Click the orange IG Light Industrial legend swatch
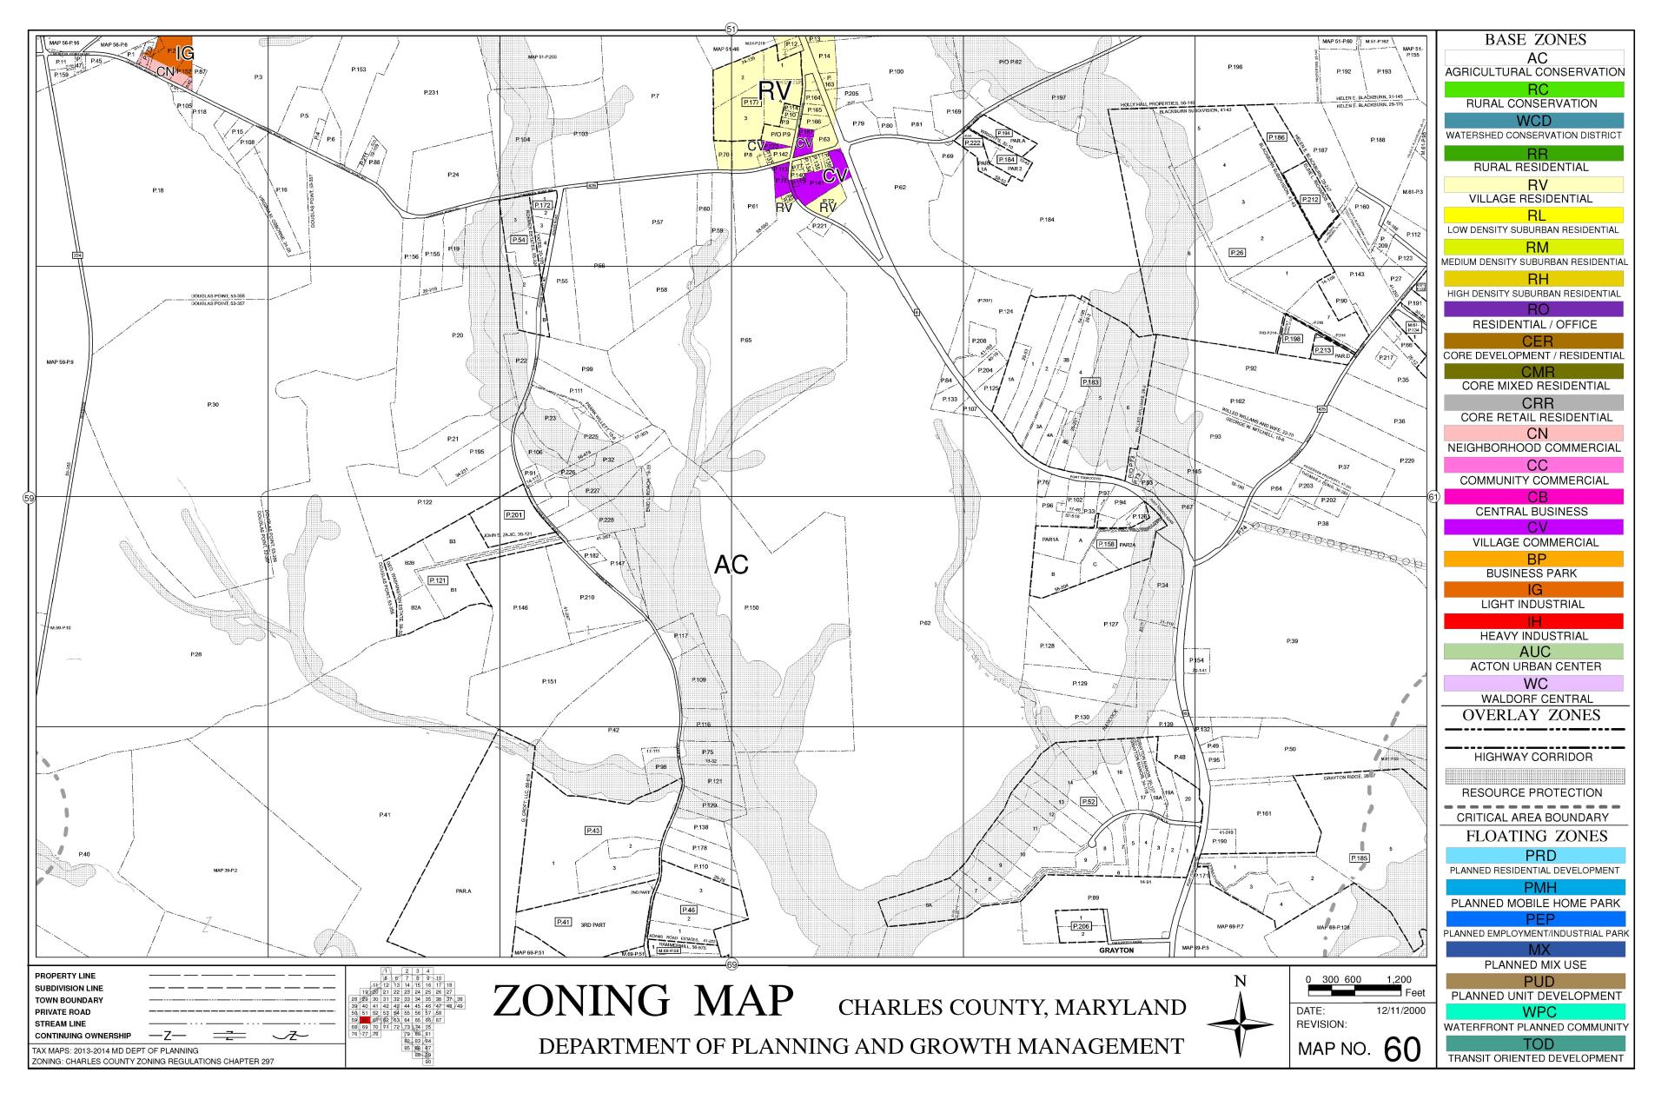[1534, 590]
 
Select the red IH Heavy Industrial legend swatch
[1534, 621]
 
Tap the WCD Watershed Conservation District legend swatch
[1534, 121]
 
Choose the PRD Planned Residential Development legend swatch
[1534, 856]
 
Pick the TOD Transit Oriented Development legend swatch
[1534, 1043]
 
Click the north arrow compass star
[1241, 1026]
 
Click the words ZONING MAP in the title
[643, 1001]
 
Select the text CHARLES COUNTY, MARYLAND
[1011, 1008]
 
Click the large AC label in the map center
[731, 566]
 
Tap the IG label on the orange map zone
[184, 54]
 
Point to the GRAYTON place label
[1116, 950]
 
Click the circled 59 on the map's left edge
[29, 498]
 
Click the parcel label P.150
[751, 607]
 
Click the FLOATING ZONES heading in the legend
[1534, 836]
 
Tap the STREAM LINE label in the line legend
[60, 1024]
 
